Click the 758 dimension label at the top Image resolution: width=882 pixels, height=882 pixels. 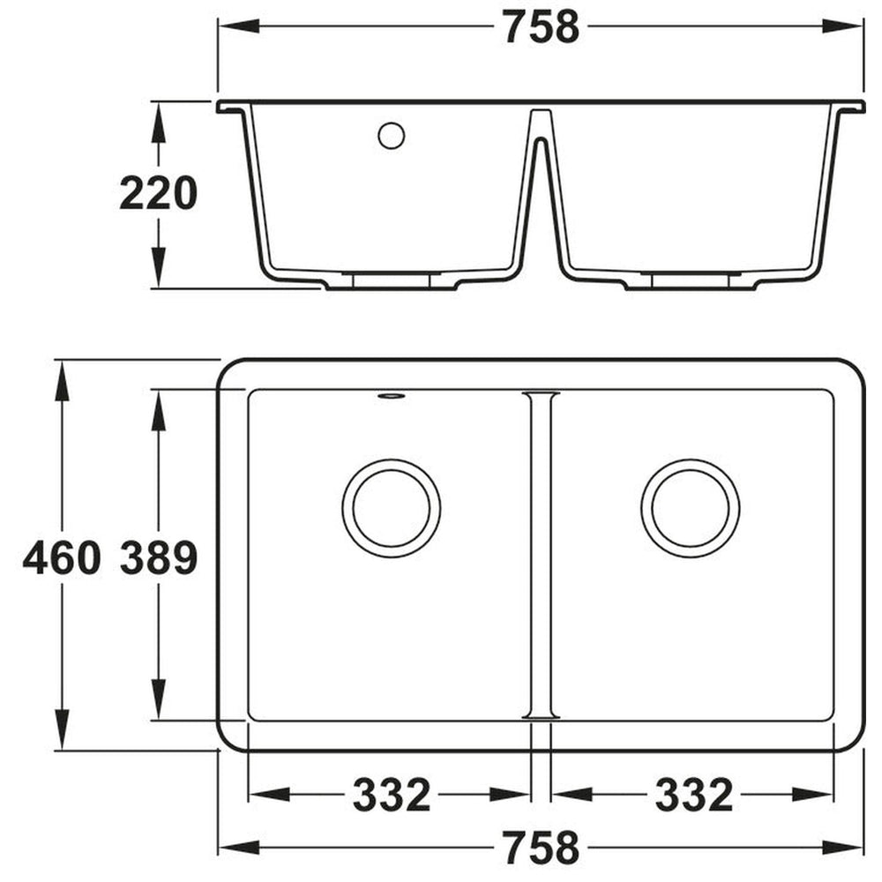click(x=541, y=27)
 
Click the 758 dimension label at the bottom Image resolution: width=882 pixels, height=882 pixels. click(x=541, y=848)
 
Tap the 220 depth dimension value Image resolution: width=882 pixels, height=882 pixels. click(x=158, y=194)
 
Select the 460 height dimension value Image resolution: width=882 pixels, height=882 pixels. click(x=61, y=558)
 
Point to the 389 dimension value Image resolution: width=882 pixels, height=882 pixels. click(x=158, y=558)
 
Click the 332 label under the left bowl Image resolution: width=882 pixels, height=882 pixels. click(x=392, y=795)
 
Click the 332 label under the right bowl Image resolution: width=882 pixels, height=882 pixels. click(x=693, y=795)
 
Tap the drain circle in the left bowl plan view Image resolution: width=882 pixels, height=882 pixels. click(x=392, y=508)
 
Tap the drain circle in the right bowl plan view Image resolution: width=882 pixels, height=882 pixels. click(x=691, y=508)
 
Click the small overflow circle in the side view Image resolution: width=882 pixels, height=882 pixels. click(x=391, y=136)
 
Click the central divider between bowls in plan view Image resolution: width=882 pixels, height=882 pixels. click(x=541, y=556)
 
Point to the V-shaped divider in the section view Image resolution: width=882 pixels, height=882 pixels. click(x=542, y=176)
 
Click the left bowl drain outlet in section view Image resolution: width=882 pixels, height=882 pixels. click(x=392, y=280)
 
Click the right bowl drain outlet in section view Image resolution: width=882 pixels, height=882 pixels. click(x=691, y=280)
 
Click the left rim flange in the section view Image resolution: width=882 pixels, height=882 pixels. click(x=232, y=107)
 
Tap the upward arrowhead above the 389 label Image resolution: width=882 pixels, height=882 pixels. click(x=159, y=411)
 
